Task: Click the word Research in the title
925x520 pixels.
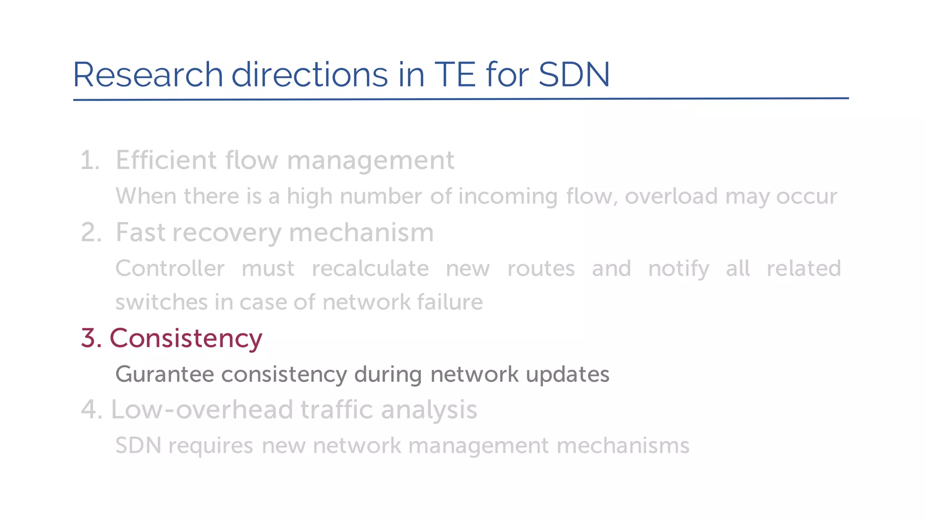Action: [148, 74]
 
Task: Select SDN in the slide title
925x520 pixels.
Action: [574, 74]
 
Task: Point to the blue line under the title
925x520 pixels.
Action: [461, 99]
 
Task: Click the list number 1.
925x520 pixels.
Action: [89, 160]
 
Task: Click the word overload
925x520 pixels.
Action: [671, 196]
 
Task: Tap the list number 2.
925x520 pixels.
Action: [91, 233]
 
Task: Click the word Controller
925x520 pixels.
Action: [170, 269]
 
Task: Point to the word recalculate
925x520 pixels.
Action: [370, 269]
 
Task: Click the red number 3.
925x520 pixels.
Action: [91, 338]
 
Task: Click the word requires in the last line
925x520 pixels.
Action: [211, 446]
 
